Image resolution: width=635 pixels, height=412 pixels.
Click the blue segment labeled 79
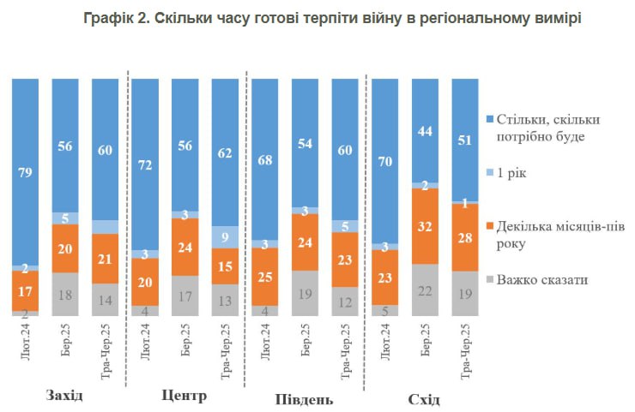(26, 171)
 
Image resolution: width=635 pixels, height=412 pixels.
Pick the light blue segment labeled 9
(225, 236)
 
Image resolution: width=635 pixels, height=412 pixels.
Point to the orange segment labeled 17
(26, 291)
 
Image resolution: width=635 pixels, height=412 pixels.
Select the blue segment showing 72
(146, 164)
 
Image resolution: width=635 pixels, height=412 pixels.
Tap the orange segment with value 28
(465, 236)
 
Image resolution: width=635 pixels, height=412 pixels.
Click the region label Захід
(65, 396)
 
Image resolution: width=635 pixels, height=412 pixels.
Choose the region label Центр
(184, 396)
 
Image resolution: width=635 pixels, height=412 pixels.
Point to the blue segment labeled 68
(266, 159)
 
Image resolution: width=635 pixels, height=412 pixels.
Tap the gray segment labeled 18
(65, 294)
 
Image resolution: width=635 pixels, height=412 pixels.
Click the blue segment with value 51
(465, 139)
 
